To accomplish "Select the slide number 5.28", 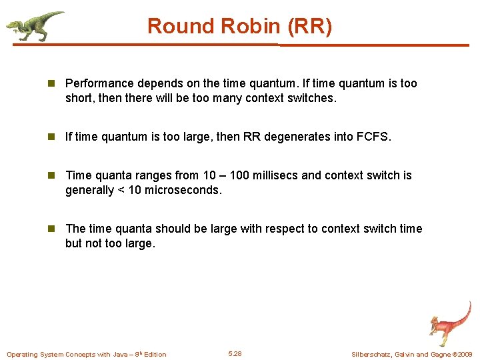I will click(x=235, y=353).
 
